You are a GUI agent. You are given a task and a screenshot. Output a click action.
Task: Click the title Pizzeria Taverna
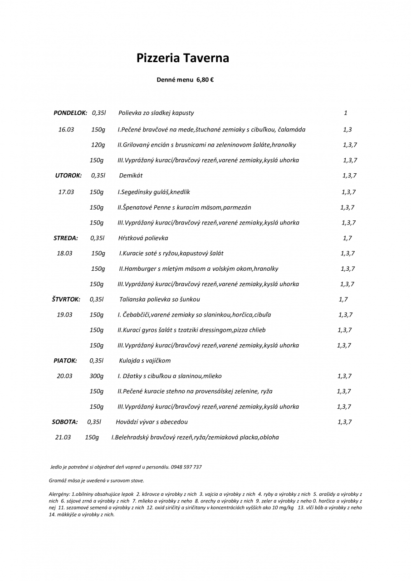(183, 58)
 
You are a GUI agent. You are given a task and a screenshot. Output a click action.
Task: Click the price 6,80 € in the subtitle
(205, 80)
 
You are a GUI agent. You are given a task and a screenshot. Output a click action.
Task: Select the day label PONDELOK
(70, 113)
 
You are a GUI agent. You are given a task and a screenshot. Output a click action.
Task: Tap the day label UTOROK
(68, 176)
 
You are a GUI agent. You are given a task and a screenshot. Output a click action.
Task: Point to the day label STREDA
(66, 238)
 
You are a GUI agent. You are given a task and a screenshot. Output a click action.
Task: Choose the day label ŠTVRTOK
(66, 299)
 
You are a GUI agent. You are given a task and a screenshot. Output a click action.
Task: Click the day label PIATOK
(65, 361)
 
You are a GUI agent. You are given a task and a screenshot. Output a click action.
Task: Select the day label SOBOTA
(64, 422)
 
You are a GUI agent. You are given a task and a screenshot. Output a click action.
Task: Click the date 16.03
(66, 130)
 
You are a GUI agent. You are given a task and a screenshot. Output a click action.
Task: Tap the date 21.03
(63, 438)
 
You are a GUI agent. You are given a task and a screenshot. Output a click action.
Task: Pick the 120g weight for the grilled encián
(98, 145)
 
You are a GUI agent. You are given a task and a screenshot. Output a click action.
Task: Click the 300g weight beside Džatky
(96, 376)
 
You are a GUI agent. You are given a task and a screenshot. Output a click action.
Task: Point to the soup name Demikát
(131, 176)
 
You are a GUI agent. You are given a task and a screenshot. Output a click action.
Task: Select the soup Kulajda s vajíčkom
(145, 361)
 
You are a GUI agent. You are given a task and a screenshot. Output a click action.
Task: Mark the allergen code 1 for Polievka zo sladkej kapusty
(346, 113)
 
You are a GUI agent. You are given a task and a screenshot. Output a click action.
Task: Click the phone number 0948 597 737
(186, 467)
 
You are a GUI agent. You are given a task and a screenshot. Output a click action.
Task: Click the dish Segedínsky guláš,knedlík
(154, 192)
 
